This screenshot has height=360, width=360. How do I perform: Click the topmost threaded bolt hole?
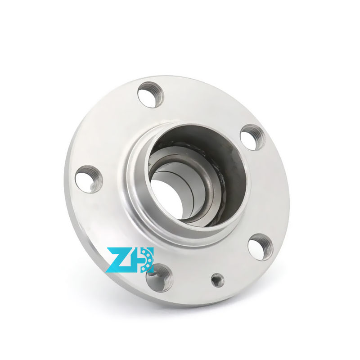(150, 94)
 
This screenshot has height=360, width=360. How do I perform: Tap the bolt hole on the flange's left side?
(89, 179)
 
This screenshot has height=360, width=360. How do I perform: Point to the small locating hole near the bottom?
(217, 280)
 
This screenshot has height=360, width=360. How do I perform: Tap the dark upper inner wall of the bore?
(198, 135)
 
